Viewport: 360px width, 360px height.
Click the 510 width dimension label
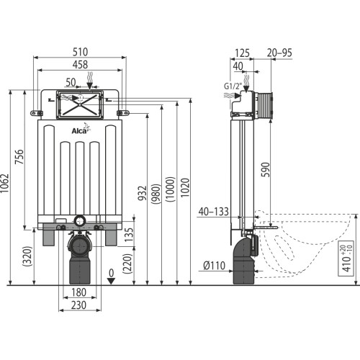click(x=81, y=52)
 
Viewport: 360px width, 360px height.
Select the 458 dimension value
click(x=80, y=65)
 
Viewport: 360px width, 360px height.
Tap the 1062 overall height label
click(x=5, y=183)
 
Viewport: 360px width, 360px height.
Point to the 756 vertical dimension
click(x=19, y=157)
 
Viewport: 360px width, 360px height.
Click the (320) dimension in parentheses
click(x=27, y=256)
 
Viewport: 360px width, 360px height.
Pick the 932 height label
click(x=143, y=193)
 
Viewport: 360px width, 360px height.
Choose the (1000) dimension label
click(x=170, y=189)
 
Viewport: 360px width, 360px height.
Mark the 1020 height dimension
click(x=185, y=188)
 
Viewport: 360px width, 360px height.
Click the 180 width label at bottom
click(x=78, y=292)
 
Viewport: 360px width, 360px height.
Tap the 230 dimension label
click(x=78, y=305)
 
